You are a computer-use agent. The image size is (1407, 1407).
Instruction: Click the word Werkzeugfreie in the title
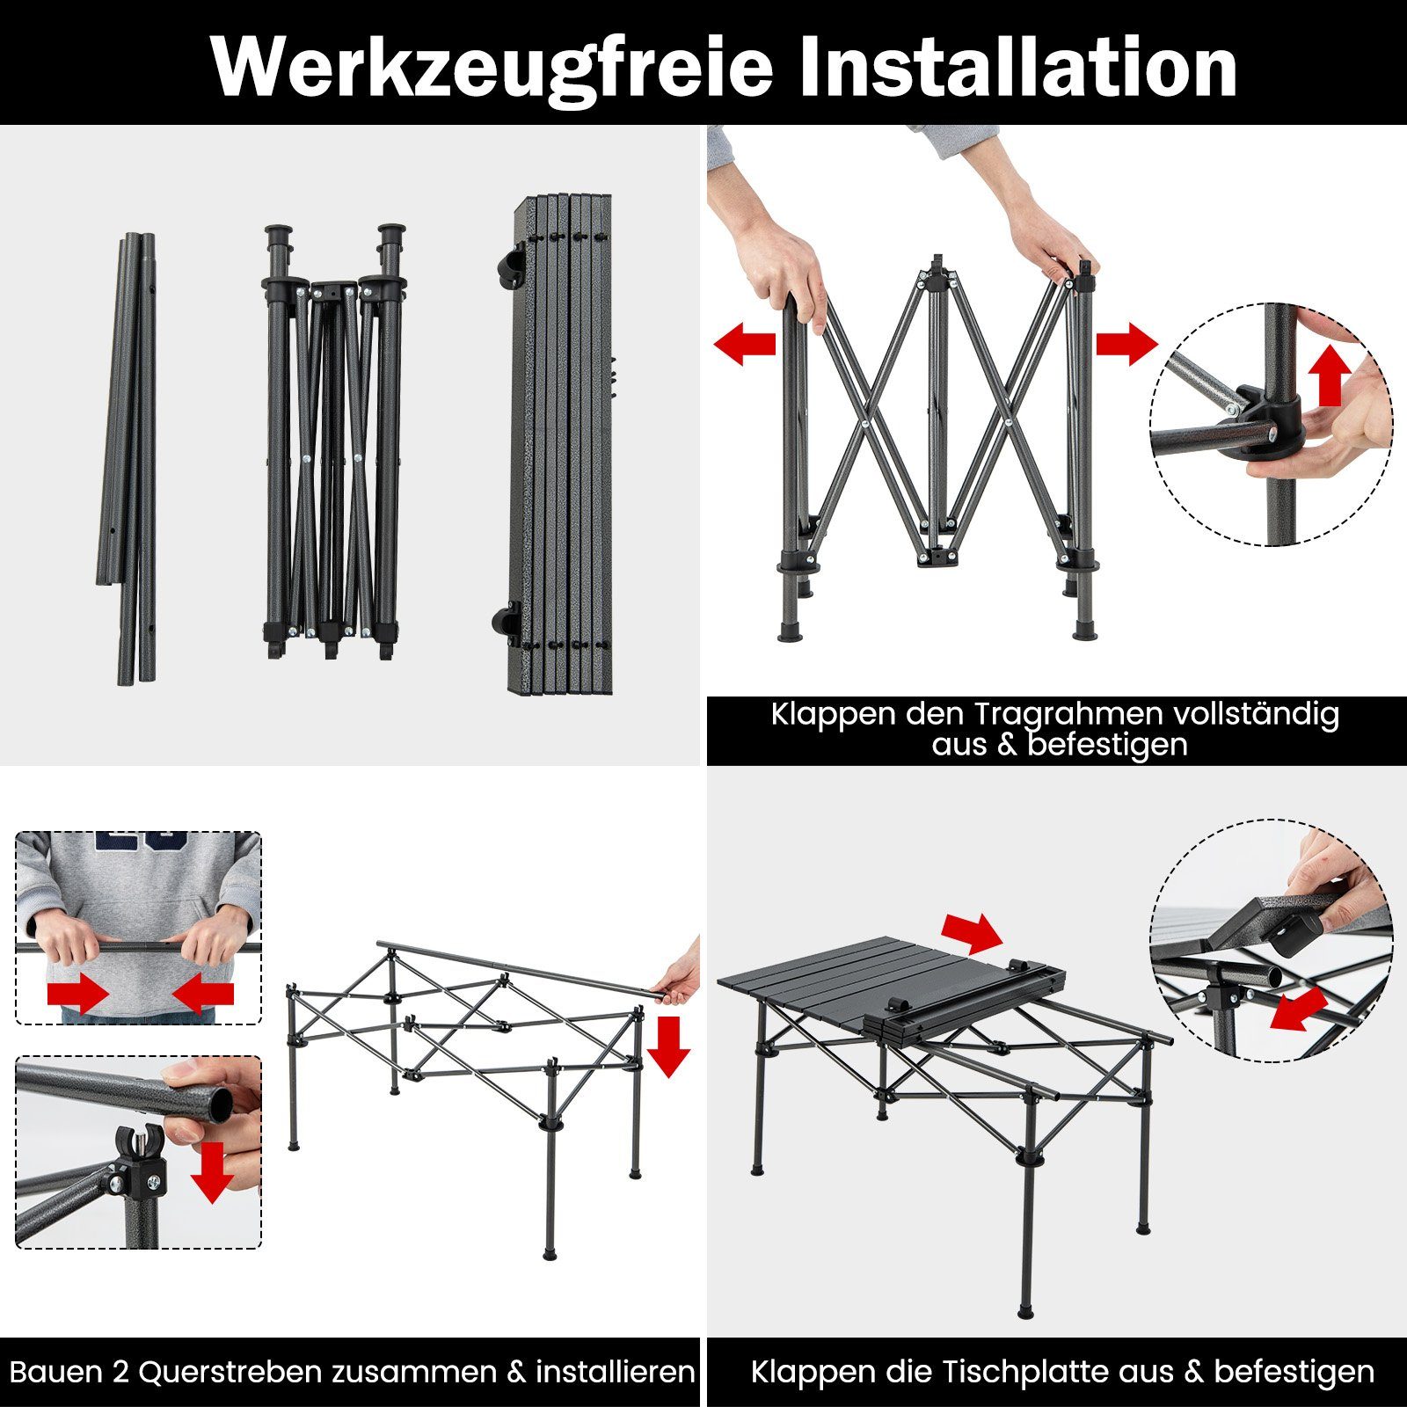(492, 67)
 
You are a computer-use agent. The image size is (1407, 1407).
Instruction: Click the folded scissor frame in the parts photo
(332, 440)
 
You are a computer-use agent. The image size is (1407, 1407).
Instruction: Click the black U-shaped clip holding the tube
(140, 1143)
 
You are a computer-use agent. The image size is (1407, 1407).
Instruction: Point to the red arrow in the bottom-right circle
(1299, 1008)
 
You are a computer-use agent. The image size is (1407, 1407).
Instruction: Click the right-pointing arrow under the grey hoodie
(77, 995)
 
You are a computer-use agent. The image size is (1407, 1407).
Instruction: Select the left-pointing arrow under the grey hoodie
(203, 995)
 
